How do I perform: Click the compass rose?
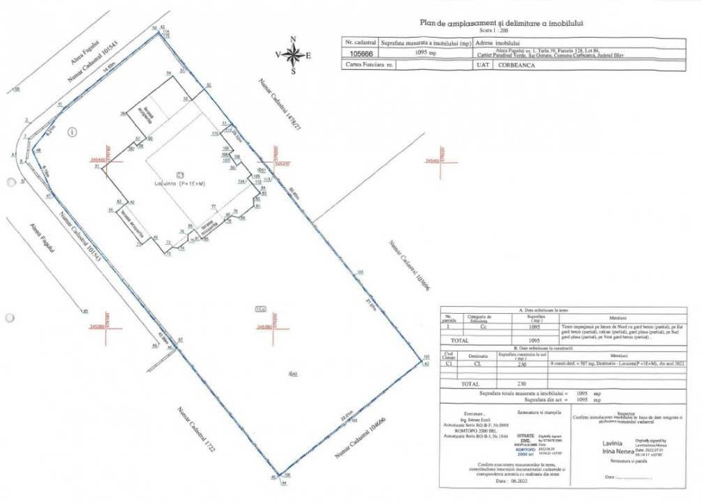pyautogui.click(x=293, y=54)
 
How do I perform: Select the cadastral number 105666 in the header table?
pyautogui.click(x=360, y=52)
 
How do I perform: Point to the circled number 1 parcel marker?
pyautogui.click(x=73, y=131)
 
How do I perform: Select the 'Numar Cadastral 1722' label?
pyautogui.click(x=195, y=430)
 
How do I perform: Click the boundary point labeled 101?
pyautogui.click(x=426, y=356)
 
